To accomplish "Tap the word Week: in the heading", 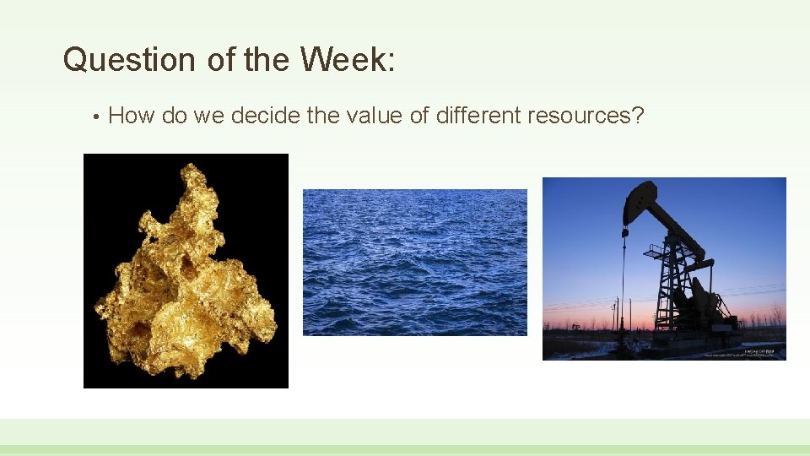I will (346, 60).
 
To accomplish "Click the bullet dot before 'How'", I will (98, 117).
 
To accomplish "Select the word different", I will (478, 116).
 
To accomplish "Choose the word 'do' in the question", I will (174, 116).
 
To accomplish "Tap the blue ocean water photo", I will (414, 262).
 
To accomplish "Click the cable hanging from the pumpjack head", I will (624, 279).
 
